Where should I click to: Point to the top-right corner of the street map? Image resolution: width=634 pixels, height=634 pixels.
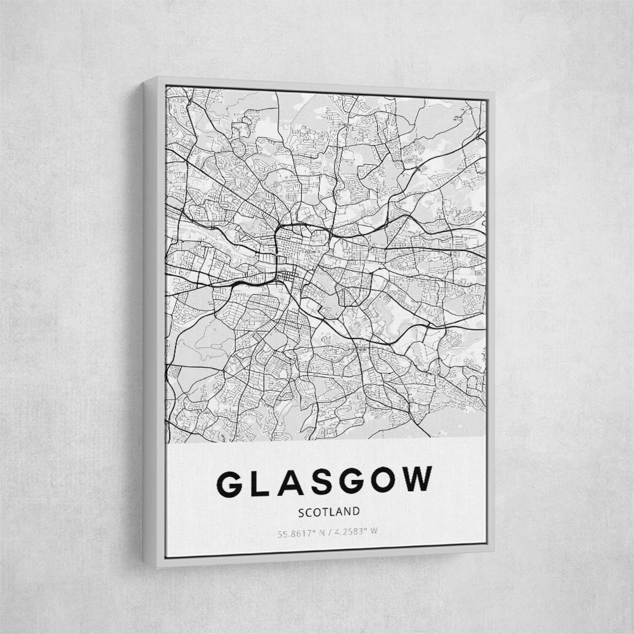[486, 100]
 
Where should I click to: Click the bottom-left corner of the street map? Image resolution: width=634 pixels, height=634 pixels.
[167, 444]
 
